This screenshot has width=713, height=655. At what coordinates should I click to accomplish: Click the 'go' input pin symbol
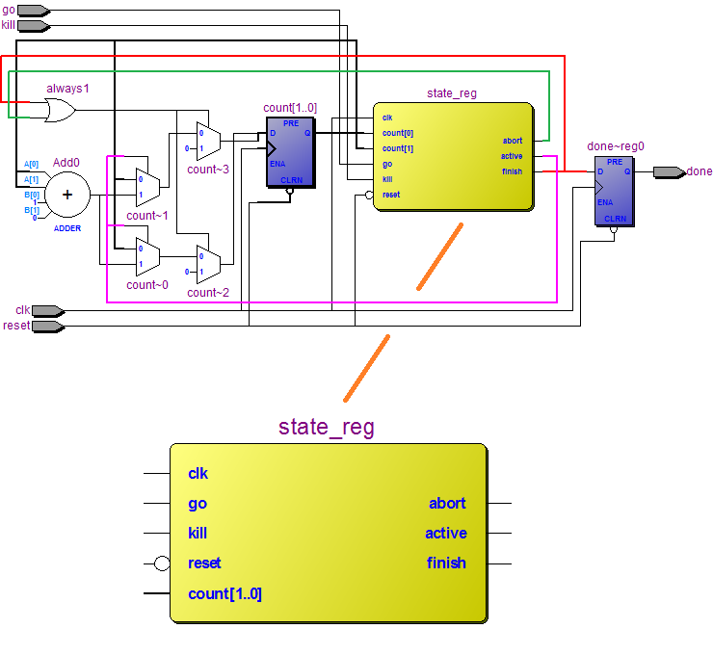[x=35, y=11]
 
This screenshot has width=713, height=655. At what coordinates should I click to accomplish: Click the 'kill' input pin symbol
[x=35, y=24]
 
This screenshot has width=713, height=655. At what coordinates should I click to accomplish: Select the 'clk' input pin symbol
[x=48, y=310]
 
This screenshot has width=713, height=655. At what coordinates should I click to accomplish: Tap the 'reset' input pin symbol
[x=48, y=326]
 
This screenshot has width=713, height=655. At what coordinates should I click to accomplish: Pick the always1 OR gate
[x=60, y=111]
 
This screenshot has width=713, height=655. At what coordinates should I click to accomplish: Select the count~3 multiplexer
[x=208, y=142]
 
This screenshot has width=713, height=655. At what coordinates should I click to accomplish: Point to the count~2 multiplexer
[x=208, y=262]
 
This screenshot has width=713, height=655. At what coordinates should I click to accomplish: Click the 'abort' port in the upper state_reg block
[x=512, y=141]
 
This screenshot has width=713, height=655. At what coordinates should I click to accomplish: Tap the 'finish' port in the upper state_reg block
[x=512, y=171]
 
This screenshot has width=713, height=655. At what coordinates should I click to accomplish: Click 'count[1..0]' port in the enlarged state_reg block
[x=224, y=593]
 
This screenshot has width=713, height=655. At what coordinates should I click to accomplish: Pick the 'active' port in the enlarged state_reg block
[x=445, y=533]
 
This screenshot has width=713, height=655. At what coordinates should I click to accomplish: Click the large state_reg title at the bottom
[x=327, y=427]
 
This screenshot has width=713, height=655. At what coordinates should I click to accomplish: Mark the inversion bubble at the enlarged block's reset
[x=162, y=563]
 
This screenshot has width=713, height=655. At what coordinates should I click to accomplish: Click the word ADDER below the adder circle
[x=67, y=228]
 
